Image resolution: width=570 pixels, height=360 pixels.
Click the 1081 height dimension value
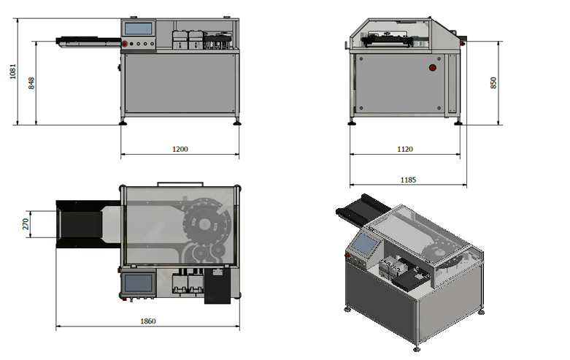12,72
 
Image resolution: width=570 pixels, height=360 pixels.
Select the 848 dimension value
31,83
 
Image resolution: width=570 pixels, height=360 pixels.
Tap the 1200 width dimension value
180,149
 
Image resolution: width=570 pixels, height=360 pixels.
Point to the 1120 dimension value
405,149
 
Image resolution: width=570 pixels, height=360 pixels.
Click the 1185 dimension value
408,180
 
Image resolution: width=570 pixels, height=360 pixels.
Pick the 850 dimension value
493,83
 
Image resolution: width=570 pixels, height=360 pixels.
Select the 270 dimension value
26,224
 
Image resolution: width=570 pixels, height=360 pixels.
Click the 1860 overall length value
148,321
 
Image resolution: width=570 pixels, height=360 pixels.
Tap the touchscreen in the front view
139,28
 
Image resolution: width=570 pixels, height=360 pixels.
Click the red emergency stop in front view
124,44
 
